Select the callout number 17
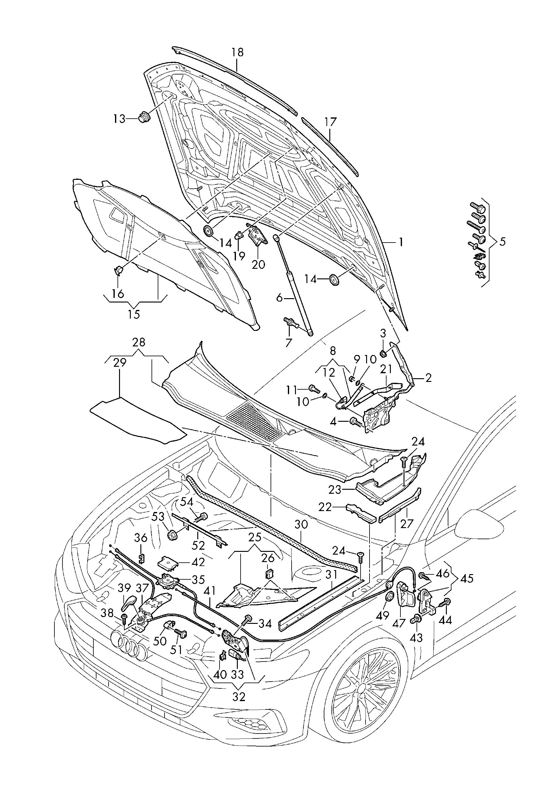330,122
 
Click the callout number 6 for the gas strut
279,298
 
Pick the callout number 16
118,294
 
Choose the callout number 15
134,314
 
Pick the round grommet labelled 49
389,596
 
